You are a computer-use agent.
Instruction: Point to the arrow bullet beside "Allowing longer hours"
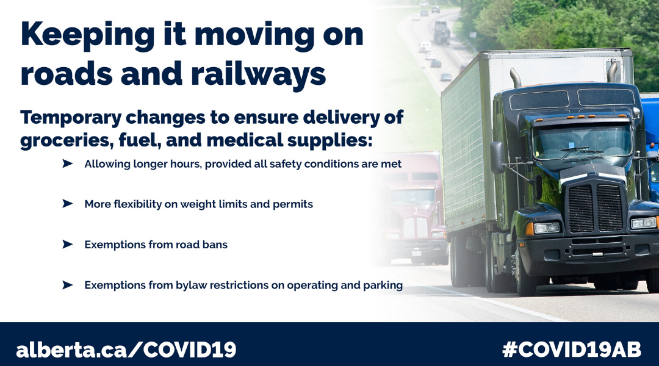tap(67, 164)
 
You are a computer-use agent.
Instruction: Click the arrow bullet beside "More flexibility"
tap(67, 204)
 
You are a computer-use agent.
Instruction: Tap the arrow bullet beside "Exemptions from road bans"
tap(67, 245)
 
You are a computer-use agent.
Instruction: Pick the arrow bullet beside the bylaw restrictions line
tap(67, 285)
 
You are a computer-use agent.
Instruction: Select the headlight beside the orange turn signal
tap(547, 228)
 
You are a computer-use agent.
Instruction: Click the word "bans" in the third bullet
tap(215, 245)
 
